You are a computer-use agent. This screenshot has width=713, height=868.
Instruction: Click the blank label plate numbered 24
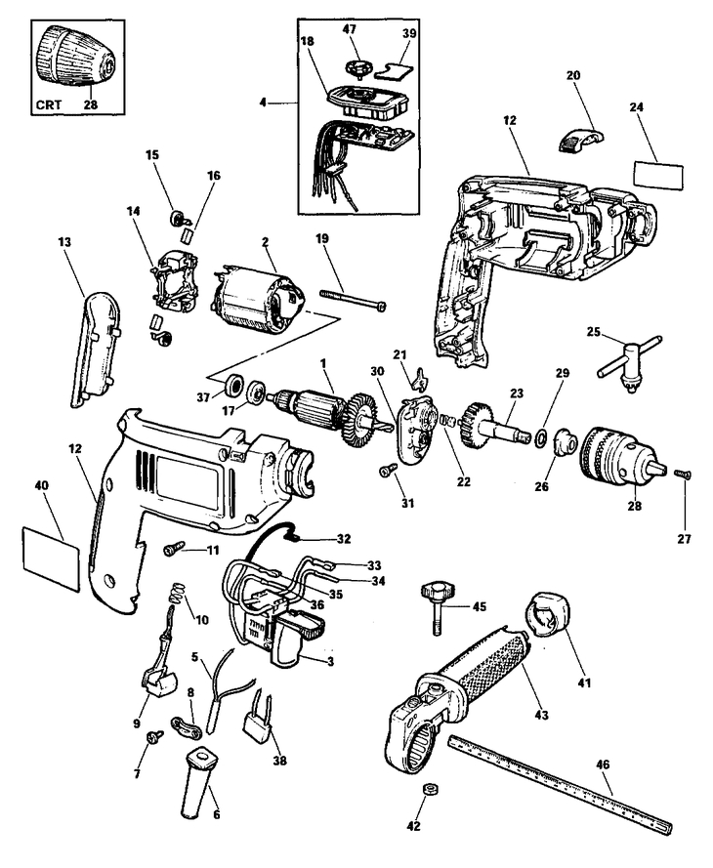click(x=657, y=176)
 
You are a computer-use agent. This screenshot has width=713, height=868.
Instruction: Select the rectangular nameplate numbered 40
click(x=52, y=559)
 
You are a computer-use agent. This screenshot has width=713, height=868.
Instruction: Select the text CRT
click(x=49, y=104)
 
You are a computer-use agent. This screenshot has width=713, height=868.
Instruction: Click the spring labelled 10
click(x=176, y=594)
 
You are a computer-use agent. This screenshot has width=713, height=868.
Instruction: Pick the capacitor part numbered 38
click(x=257, y=721)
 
